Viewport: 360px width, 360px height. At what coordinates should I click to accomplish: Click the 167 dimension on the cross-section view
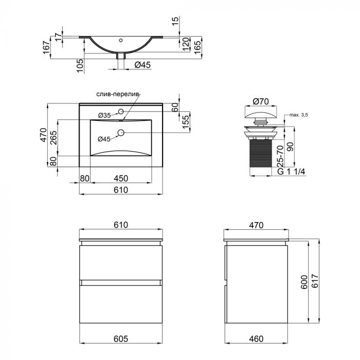46,48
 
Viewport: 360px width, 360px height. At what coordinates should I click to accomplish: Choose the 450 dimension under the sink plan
121,178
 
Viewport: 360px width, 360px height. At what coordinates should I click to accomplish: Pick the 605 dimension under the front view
121,339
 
